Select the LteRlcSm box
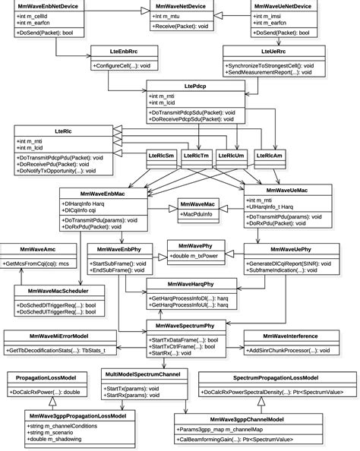[x=160, y=156]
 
